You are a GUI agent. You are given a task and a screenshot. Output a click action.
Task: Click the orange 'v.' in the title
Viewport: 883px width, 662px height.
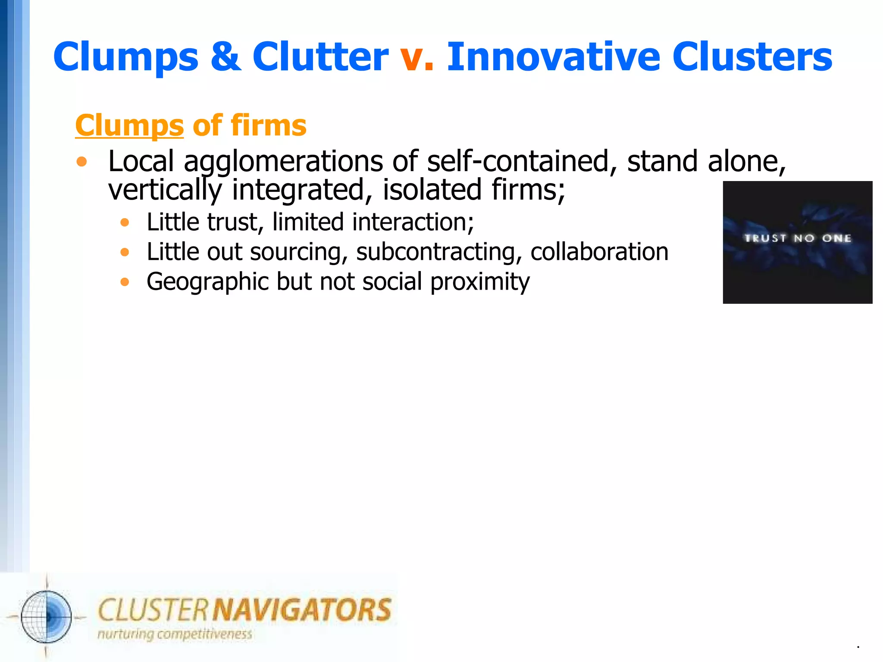[x=416, y=58]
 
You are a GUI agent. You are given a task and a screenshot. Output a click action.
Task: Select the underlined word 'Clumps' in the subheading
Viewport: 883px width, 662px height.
[x=129, y=126]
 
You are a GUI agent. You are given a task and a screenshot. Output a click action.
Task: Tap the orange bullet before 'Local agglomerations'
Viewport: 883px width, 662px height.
[x=81, y=162]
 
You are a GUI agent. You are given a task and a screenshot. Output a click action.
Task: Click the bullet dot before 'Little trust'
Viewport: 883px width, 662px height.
[x=125, y=222]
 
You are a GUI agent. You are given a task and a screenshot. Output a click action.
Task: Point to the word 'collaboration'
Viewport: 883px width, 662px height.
[x=599, y=252]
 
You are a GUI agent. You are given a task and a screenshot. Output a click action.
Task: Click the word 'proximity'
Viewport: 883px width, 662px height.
[x=480, y=282]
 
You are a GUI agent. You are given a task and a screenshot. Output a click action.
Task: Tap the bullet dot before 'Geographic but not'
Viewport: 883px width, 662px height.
[x=125, y=282]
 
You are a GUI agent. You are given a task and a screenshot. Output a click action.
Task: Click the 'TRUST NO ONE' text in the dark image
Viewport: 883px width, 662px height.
[x=798, y=238]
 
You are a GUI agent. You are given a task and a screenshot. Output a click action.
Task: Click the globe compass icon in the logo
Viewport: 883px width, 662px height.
[x=47, y=617]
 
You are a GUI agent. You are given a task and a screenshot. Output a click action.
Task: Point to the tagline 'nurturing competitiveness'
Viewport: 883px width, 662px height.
[x=175, y=634]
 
